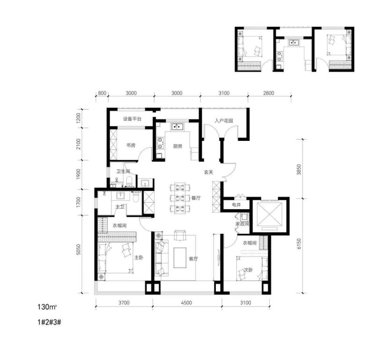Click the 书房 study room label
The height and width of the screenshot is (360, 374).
[131, 145]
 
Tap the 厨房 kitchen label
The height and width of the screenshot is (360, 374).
[177, 146]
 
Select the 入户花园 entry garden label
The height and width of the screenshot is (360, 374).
[223, 121]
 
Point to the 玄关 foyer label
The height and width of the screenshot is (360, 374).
[208, 172]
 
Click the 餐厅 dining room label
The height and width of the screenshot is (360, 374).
[196, 198]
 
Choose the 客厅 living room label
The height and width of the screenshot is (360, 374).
[193, 259]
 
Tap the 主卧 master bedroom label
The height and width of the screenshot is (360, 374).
[139, 257]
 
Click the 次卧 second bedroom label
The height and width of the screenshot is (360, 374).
[248, 270]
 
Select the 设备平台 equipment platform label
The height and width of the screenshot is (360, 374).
[132, 119]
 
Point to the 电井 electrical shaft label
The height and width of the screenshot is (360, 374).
[236, 205]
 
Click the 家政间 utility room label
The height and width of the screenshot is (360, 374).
[242, 224]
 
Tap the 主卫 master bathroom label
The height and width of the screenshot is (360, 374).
[120, 207]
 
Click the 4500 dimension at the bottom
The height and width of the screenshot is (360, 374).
[186, 303]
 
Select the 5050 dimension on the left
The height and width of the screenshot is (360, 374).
[79, 250]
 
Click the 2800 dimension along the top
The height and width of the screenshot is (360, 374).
[269, 93]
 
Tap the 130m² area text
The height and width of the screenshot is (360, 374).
[47, 307]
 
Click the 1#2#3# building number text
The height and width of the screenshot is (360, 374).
[49, 322]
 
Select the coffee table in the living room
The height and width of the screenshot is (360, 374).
[180, 257]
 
